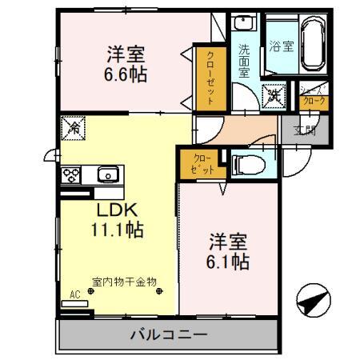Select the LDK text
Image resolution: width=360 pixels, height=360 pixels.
point(118,210)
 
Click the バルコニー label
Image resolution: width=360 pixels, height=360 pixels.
point(170,334)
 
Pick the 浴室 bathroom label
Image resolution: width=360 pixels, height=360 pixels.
point(281,46)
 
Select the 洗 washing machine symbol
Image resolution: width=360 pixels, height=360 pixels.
point(274,94)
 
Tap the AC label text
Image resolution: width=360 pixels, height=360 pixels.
point(74,294)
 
